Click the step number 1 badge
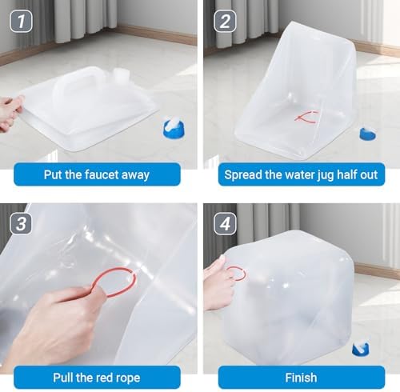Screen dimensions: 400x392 21,21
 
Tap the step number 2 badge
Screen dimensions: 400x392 225,21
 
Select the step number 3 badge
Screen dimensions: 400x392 21,223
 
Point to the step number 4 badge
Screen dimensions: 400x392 225,223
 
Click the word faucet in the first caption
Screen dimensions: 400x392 102,174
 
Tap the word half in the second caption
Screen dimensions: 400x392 347,174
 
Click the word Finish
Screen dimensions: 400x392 301,378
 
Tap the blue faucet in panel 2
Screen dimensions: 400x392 368,134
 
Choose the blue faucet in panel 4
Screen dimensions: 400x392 361,349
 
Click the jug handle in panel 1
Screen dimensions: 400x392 80,79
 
